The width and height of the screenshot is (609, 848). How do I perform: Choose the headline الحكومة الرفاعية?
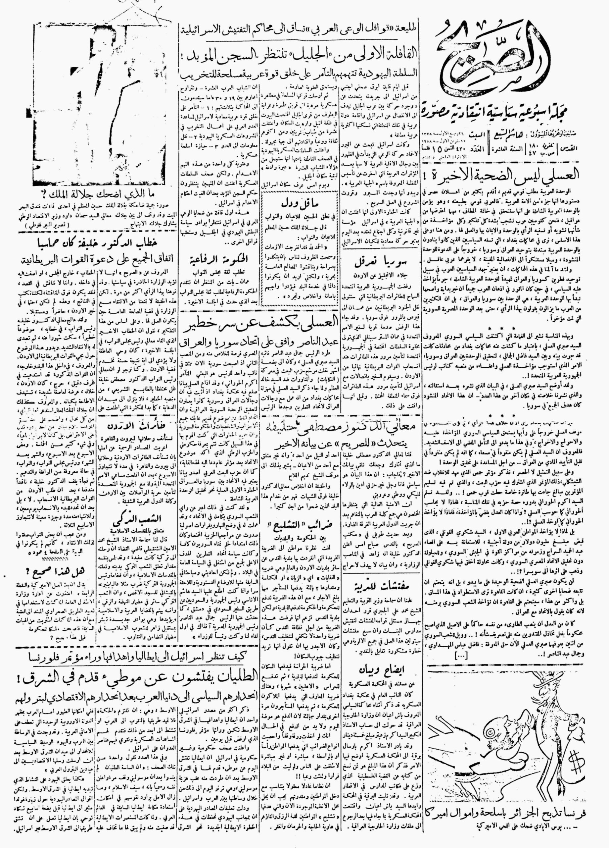pos(220,258)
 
